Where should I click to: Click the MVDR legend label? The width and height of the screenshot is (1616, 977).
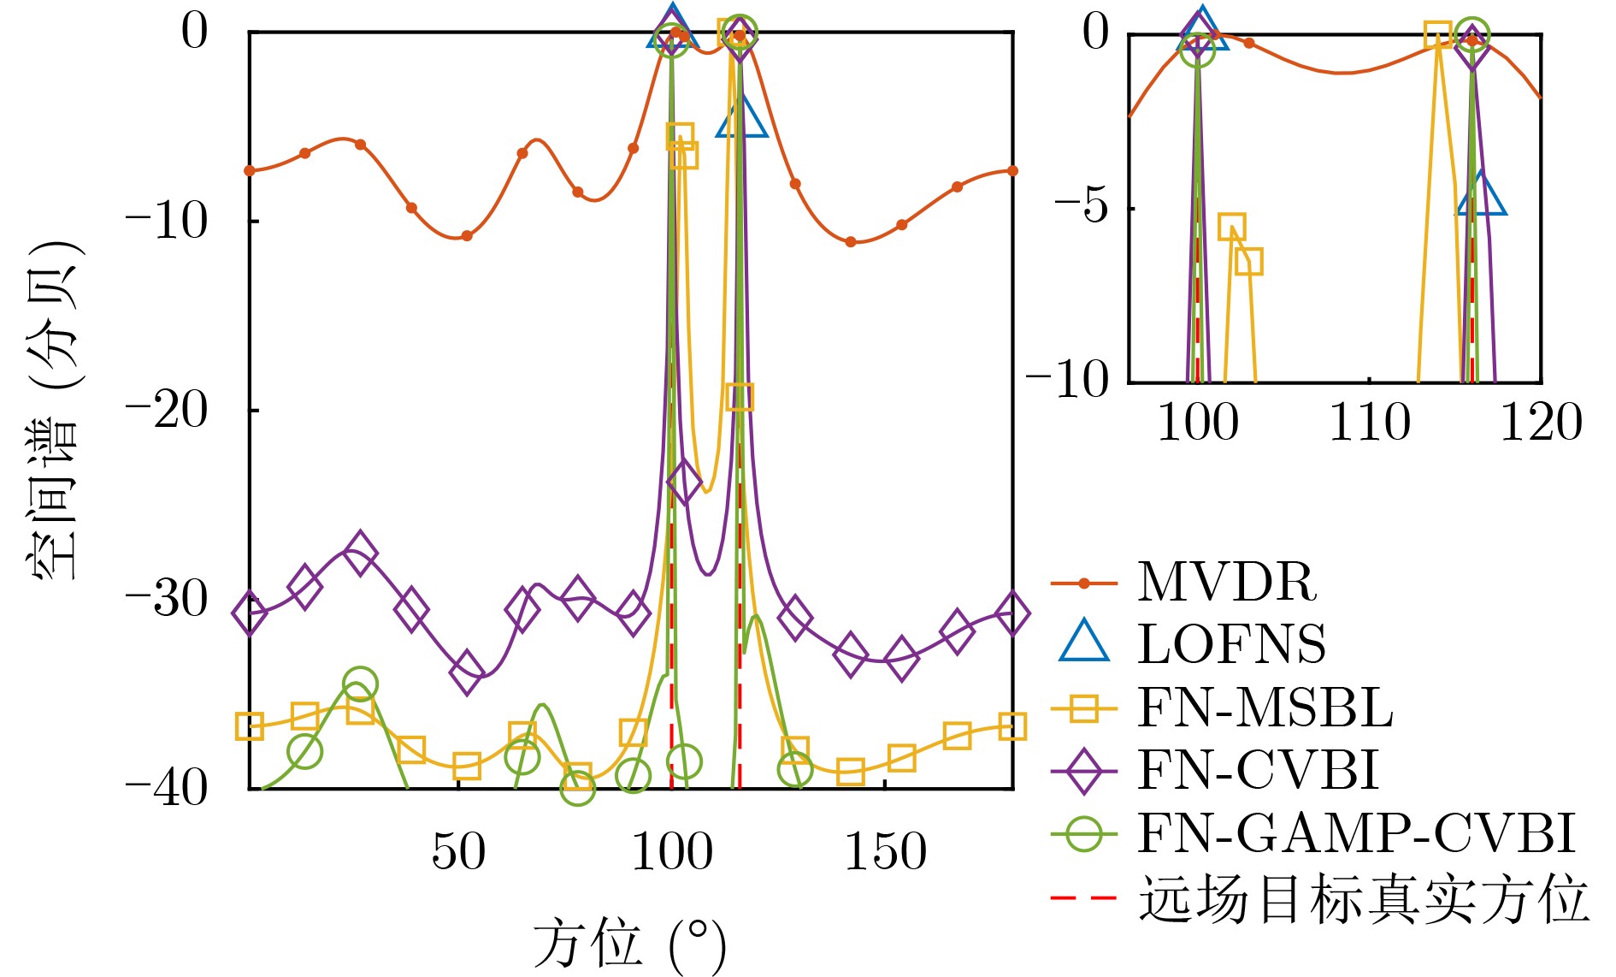pos(1226,583)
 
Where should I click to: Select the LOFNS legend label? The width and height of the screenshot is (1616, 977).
pos(1231,645)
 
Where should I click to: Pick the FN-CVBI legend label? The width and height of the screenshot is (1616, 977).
pos(1258,770)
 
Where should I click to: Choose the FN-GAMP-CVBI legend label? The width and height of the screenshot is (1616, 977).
pos(1356,833)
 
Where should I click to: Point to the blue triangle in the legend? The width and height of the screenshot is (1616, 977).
pos(1084,642)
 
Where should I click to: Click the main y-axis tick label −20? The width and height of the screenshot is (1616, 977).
pos(167,411)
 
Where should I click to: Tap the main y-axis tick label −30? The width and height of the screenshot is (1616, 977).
pos(167,600)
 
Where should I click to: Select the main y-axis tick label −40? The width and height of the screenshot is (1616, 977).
pos(167,788)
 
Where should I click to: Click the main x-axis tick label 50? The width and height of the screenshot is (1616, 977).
pos(458,852)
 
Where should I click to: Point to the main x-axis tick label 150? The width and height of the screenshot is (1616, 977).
pos(885,852)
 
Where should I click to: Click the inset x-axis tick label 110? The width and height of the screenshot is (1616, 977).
pos(1369,423)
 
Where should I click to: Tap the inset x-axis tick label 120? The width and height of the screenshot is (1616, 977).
pos(1541,423)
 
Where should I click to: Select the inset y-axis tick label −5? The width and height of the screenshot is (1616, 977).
pos(1082,207)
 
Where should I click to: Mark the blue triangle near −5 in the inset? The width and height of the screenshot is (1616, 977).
pos(1482,196)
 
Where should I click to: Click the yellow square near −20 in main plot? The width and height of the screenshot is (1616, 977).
pos(740,396)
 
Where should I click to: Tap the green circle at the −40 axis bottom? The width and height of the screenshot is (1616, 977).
pos(578,787)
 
